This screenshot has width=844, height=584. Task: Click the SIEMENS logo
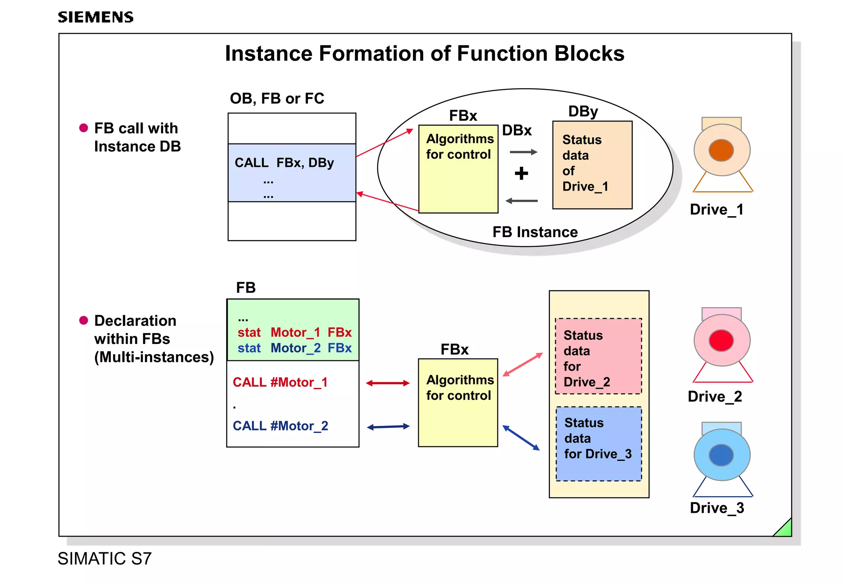click(95, 17)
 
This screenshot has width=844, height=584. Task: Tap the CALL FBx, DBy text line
click(284, 163)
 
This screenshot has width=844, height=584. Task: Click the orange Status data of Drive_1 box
click(592, 165)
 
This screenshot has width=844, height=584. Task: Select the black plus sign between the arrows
click(521, 173)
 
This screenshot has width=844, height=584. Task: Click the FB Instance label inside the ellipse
click(535, 232)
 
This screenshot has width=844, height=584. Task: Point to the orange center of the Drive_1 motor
click(721, 150)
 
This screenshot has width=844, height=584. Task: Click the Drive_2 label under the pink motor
click(715, 397)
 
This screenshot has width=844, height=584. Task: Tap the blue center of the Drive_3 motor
click(721, 455)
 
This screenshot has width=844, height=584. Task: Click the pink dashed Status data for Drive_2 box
click(598, 357)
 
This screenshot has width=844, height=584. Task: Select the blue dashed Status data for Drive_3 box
click(599, 444)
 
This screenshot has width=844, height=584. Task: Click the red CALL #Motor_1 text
click(280, 383)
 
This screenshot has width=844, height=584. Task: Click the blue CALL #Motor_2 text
click(281, 426)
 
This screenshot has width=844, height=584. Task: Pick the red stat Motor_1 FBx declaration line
click(294, 332)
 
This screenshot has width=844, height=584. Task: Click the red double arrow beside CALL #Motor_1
click(388, 383)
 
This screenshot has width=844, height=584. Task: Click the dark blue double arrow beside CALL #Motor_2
click(388, 427)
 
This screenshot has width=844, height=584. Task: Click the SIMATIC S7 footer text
click(105, 559)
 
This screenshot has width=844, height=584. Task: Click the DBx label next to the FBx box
click(517, 131)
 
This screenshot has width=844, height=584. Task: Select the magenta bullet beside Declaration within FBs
click(84, 320)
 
